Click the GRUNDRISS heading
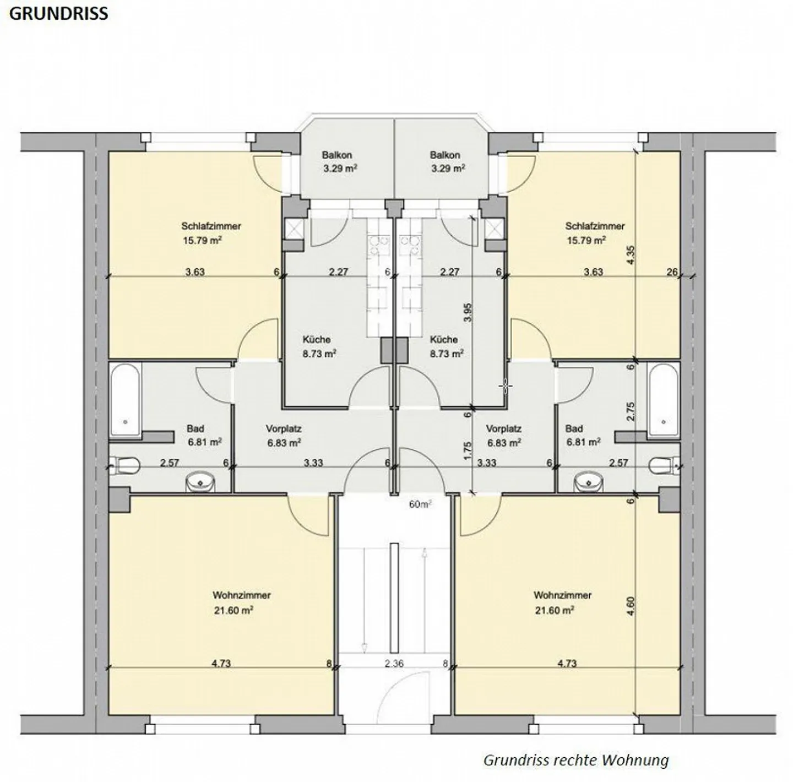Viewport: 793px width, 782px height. click(x=58, y=14)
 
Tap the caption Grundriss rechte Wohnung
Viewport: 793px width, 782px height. click(x=575, y=760)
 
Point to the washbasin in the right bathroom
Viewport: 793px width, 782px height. click(x=587, y=483)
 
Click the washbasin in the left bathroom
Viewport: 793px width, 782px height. click(x=200, y=482)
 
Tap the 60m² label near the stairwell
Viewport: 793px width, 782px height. click(x=420, y=504)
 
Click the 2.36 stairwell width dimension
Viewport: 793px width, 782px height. click(x=394, y=664)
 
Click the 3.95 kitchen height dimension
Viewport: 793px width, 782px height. click(x=468, y=312)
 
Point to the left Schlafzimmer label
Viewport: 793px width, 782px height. click(x=211, y=226)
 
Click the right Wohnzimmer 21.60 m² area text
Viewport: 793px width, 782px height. click(x=555, y=610)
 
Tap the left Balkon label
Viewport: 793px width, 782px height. click(x=337, y=155)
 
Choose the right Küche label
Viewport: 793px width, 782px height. click(x=443, y=339)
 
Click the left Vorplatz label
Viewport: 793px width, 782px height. click(x=284, y=428)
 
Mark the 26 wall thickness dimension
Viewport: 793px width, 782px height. click(x=672, y=271)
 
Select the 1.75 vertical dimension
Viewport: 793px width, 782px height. click(x=468, y=451)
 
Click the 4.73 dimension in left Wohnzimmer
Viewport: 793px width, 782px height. click(x=221, y=664)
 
